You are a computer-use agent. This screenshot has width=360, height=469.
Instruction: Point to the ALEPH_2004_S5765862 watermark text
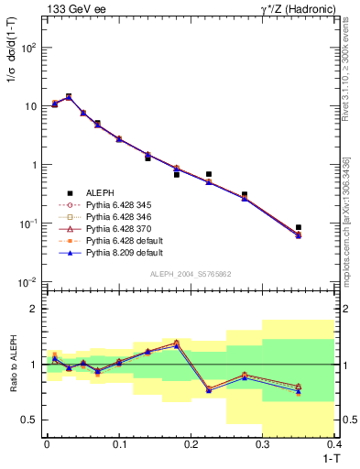(x=190, y=274)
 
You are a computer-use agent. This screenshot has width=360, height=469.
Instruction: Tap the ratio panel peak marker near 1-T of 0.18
(x=176, y=343)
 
